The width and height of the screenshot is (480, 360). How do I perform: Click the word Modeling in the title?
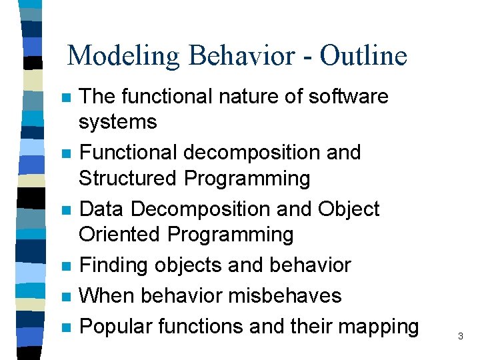(124, 55)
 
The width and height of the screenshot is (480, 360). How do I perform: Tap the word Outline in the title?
(363, 55)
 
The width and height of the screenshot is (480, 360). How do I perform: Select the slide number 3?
(461, 337)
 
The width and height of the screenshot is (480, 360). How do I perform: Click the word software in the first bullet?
(348, 97)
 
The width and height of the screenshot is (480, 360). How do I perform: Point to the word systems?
(117, 122)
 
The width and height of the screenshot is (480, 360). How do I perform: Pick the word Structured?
(128, 179)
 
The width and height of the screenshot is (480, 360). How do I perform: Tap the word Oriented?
(120, 235)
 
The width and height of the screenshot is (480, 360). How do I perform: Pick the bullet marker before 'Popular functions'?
(65, 327)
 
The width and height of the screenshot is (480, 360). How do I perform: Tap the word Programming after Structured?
(247, 179)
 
